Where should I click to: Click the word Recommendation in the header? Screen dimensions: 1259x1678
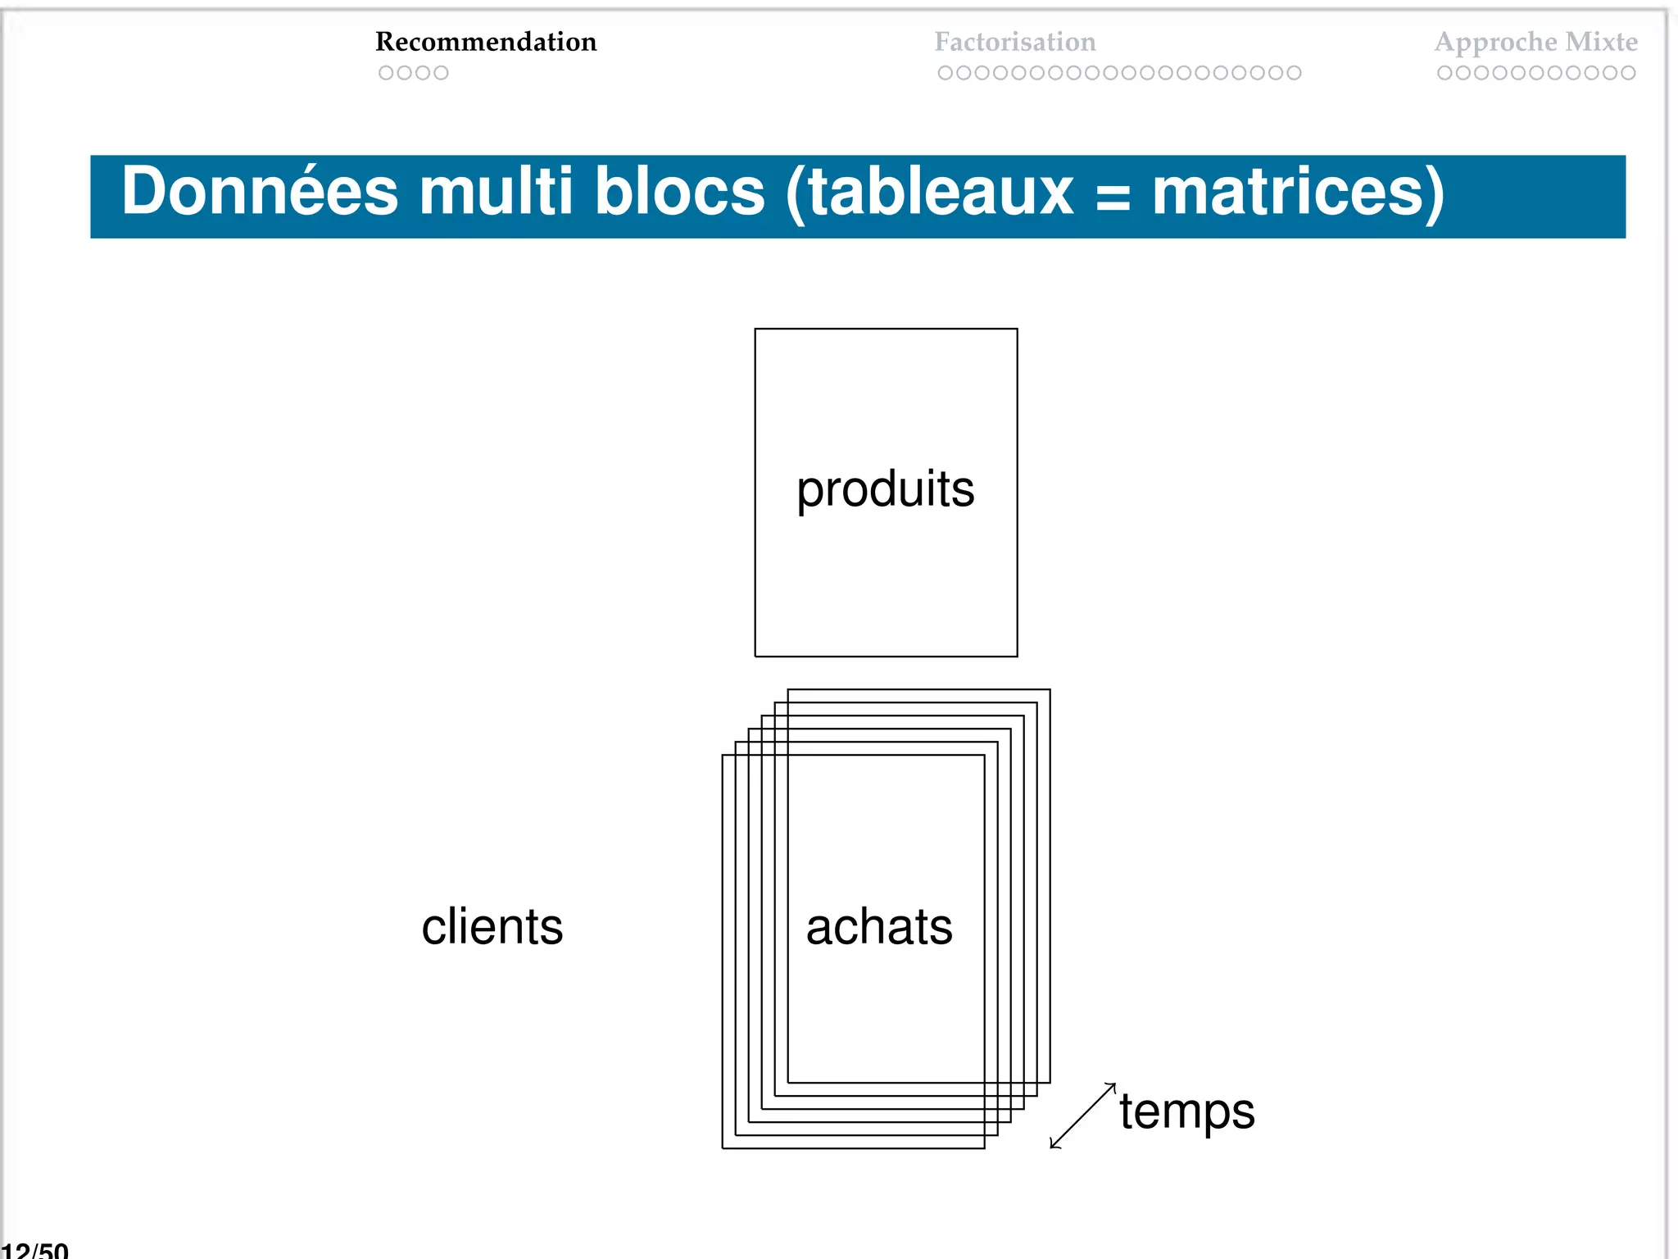pyautogui.click(x=486, y=42)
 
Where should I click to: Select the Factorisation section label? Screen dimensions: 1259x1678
pyautogui.click(x=1014, y=42)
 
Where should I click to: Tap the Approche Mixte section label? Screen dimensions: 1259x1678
pyautogui.click(x=1535, y=42)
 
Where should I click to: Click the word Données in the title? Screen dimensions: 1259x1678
pyautogui.click(x=260, y=192)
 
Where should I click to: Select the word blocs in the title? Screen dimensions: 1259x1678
pyautogui.click(x=679, y=192)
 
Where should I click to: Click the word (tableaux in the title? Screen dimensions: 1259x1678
pyautogui.click(x=929, y=192)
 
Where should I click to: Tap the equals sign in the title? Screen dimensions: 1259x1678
pyautogui.click(x=1112, y=198)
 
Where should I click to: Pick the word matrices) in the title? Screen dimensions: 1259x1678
pyautogui.click(x=1298, y=192)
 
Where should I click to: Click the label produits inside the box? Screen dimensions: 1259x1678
pyautogui.click(x=886, y=490)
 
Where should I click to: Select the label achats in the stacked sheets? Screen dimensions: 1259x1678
pyautogui.click(x=879, y=927)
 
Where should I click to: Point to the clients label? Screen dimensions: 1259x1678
pyautogui.click(x=492, y=927)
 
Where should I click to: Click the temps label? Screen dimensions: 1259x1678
pyautogui.click(x=1187, y=1112)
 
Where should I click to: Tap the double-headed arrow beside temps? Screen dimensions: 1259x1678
pyautogui.click(x=1082, y=1116)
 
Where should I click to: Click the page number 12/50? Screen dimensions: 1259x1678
pyautogui.click(x=34, y=1250)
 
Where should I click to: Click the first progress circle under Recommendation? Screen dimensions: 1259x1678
pyautogui.click(x=386, y=73)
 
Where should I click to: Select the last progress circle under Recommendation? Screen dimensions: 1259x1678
pyautogui.click(x=441, y=73)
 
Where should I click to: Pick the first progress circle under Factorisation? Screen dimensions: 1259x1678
pyautogui.click(x=946, y=73)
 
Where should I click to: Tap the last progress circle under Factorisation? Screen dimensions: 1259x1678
pyautogui.click(x=1294, y=73)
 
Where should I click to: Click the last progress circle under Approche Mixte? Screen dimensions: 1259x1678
pyautogui.click(x=1628, y=73)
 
